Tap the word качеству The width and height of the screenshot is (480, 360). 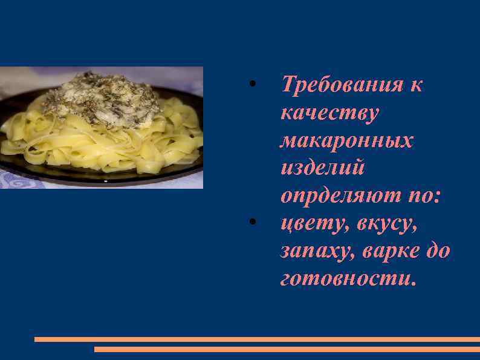pyautogui.click(x=329, y=113)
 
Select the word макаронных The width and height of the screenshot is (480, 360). pyautogui.click(x=347, y=140)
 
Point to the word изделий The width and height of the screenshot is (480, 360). pyautogui.click(x=323, y=168)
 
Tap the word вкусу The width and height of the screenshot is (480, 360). pyautogui.click(x=387, y=223)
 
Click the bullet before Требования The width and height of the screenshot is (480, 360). pyautogui.click(x=255, y=83)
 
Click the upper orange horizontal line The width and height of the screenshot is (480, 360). pyautogui.click(x=257, y=339)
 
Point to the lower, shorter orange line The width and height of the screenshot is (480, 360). pyautogui.click(x=287, y=349)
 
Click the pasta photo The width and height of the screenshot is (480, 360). pyautogui.click(x=102, y=128)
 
